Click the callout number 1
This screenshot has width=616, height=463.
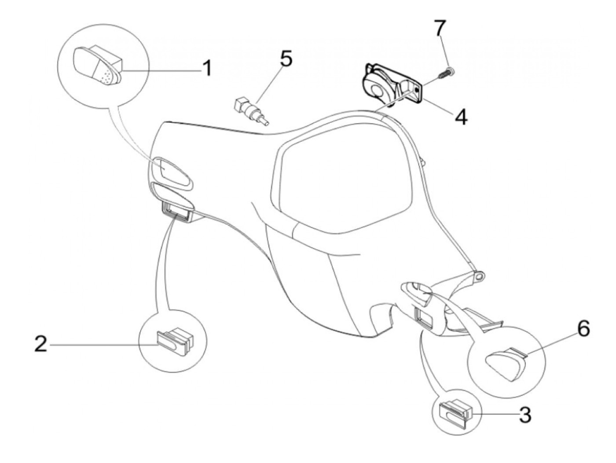point(207,68)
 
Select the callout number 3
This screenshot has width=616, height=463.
point(525,415)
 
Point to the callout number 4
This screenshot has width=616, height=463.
point(461,117)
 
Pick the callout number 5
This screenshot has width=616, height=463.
point(286,59)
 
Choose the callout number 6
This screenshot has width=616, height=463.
point(583,330)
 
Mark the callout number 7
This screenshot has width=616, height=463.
point(440,29)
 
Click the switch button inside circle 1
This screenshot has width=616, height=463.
point(99,66)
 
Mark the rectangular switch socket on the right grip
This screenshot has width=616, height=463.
point(424,316)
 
